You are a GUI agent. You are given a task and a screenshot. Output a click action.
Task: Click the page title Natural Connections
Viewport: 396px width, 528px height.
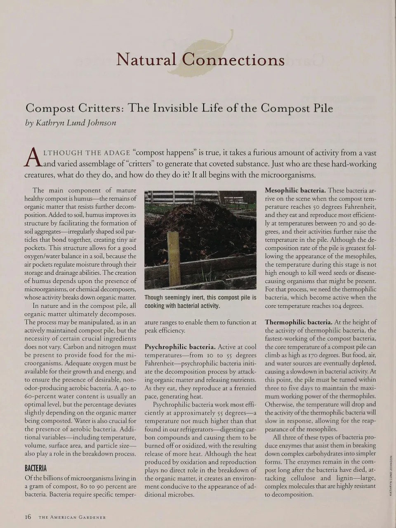[x=200, y=60]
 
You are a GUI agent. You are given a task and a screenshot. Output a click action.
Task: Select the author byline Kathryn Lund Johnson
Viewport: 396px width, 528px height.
[x=71, y=123]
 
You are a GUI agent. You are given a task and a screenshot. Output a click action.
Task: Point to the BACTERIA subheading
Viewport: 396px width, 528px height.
[x=35, y=469]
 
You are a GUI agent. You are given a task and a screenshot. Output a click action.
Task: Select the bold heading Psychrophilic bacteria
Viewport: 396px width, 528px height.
[x=180, y=347]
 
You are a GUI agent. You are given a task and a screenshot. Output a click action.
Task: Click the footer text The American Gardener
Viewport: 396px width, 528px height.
[x=72, y=517]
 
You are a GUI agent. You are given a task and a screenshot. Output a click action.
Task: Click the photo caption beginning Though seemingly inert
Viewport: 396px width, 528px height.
[x=200, y=302]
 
